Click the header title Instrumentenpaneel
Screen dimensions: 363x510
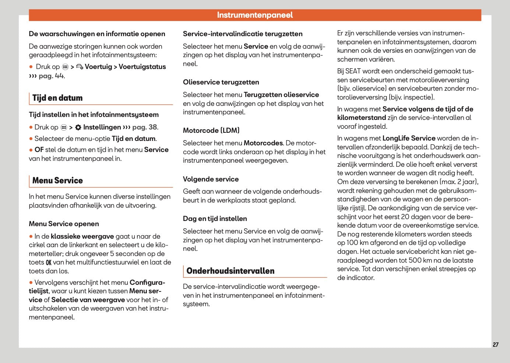(x=255, y=15)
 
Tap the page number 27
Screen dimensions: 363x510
(x=495, y=345)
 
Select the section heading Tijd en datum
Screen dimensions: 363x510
(x=57, y=98)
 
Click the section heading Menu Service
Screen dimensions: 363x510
(x=57, y=181)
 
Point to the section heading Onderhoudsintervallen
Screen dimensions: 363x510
(x=230, y=271)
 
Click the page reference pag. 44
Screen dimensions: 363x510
(x=51, y=76)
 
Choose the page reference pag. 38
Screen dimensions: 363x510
(x=145, y=127)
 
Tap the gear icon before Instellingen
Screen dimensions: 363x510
(x=78, y=128)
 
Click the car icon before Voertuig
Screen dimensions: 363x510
(x=80, y=67)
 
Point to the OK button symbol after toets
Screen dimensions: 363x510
(x=49, y=263)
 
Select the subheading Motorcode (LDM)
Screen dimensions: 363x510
(x=211, y=131)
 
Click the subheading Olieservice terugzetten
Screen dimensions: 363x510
(x=221, y=82)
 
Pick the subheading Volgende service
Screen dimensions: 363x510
(x=211, y=179)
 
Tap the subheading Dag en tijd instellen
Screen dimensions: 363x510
(x=215, y=219)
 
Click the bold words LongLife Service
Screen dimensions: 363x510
(x=409, y=138)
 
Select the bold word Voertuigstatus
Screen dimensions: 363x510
(x=142, y=67)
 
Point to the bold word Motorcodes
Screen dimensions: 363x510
(x=263, y=143)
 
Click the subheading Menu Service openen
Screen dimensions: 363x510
(x=64, y=224)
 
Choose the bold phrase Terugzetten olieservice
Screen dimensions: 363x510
(x=281, y=95)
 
